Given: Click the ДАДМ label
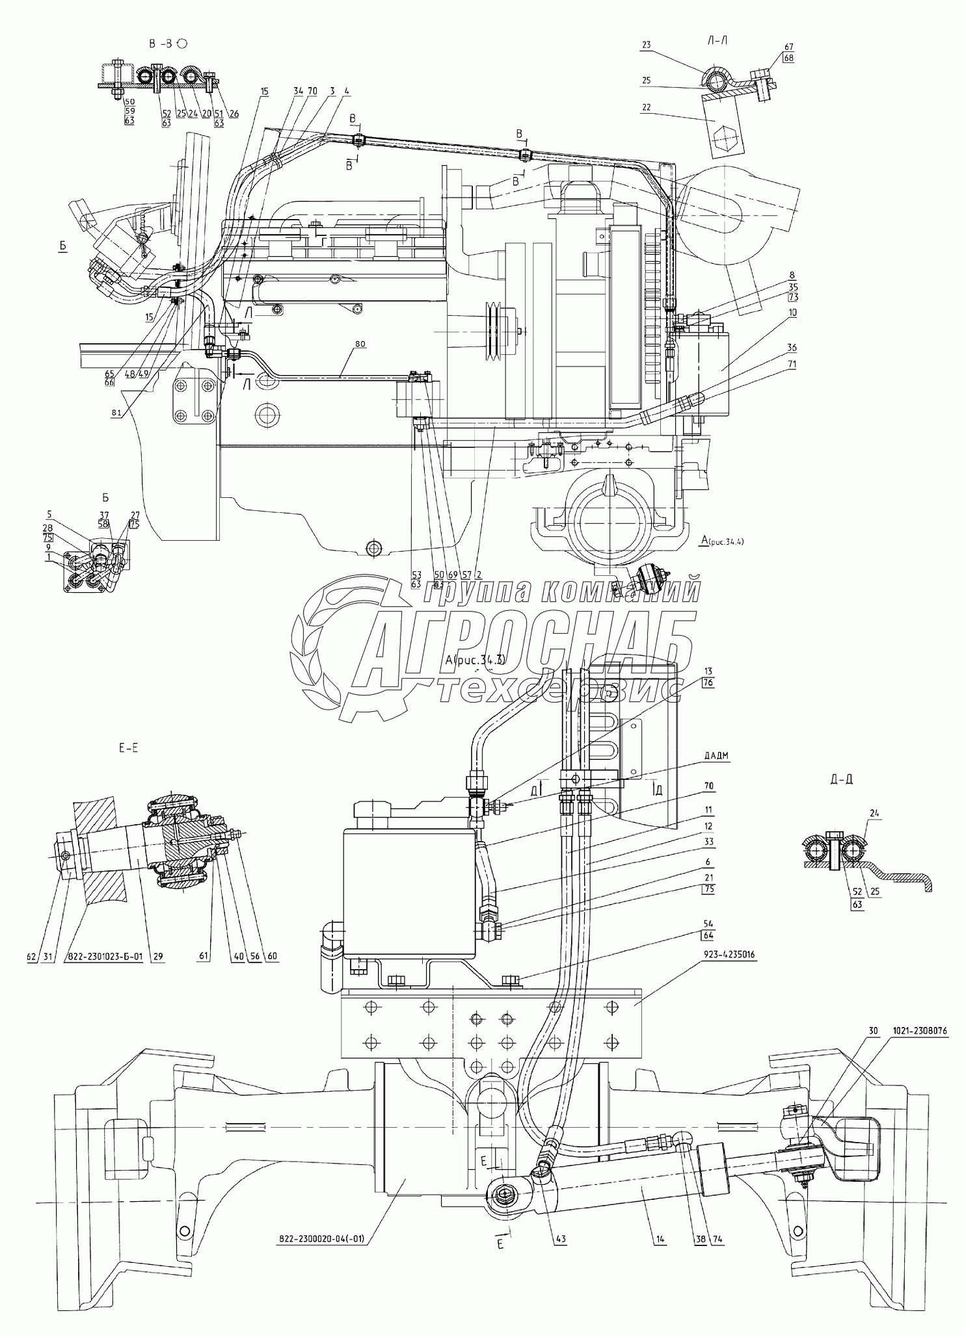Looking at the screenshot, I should (x=697, y=756).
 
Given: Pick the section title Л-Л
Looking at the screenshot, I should (x=717, y=40).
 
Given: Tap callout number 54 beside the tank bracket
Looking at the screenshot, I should (x=708, y=923).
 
